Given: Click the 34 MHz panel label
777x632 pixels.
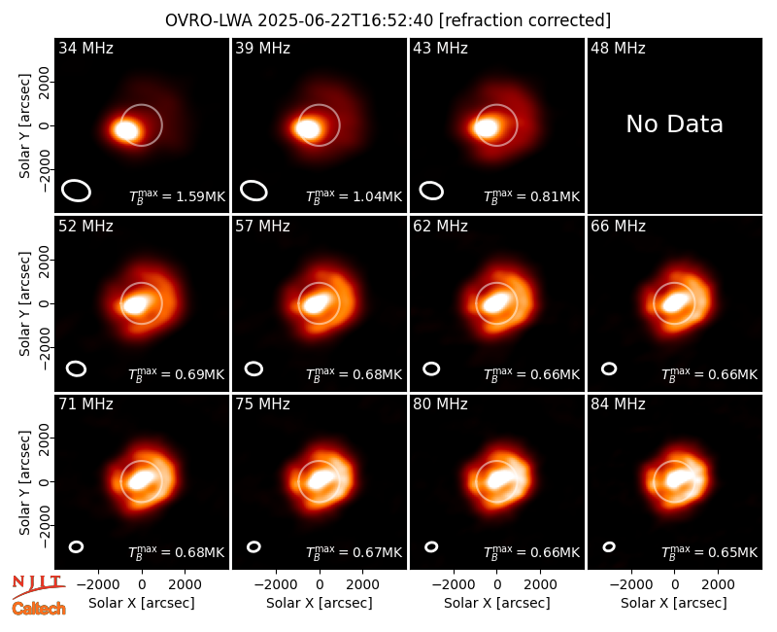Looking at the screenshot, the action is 85,48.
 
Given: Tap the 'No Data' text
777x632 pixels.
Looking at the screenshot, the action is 674,124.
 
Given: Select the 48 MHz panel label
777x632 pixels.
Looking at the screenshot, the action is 618,48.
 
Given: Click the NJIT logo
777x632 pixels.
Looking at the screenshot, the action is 38,584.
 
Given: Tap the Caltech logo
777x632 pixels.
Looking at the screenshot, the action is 39,609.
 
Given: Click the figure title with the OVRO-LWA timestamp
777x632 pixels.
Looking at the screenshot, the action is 388,20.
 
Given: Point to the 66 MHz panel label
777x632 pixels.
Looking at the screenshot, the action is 618,227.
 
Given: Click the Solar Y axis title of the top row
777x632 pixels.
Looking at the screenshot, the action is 24,126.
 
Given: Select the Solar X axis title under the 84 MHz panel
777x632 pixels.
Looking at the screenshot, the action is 673,603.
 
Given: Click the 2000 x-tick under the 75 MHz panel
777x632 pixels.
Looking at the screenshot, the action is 362,584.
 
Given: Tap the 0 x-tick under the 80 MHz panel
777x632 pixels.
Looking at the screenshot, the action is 497,584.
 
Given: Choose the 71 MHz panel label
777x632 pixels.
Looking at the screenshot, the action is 85,404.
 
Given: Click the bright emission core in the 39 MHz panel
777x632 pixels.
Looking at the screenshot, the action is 308,128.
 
